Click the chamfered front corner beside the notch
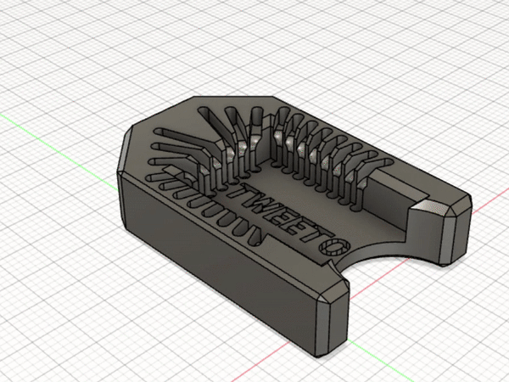click(x=333, y=293)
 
